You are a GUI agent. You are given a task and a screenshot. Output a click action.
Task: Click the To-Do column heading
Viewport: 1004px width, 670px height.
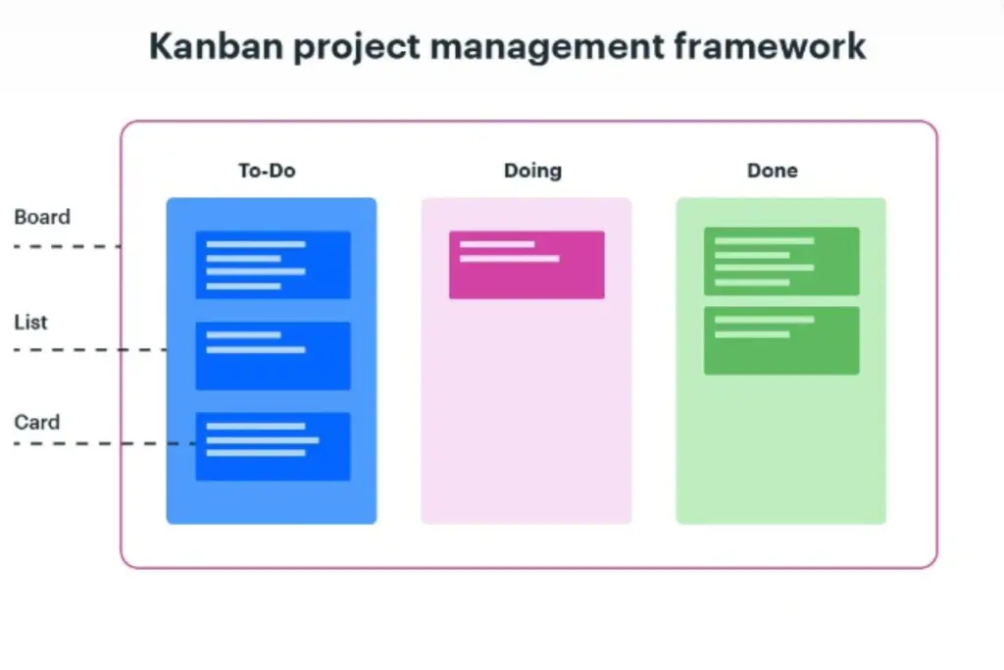click(267, 171)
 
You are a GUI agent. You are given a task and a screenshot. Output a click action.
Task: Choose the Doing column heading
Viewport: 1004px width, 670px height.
click(532, 171)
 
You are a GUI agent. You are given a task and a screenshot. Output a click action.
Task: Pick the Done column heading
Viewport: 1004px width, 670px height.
click(773, 171)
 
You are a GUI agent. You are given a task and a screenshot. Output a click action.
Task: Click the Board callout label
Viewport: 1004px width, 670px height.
click(42, 218)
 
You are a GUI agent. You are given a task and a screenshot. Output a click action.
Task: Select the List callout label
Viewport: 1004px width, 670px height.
click(30, 323)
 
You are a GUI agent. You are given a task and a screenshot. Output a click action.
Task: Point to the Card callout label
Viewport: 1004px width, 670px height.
click(36, 423)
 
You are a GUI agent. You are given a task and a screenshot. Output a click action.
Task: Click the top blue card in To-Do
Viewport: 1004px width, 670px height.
click(273, 264)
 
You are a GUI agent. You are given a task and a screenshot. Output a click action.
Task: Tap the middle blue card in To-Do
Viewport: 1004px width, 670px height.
click(273, 355)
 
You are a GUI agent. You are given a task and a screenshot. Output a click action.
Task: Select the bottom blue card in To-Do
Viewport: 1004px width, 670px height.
click(273, 446)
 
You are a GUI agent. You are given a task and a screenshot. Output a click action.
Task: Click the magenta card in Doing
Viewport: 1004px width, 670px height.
click(527, 265)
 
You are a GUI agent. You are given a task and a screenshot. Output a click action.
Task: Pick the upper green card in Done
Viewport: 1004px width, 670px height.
click(781, 261)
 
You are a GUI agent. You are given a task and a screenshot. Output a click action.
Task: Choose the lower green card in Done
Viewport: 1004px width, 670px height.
click(781, 340)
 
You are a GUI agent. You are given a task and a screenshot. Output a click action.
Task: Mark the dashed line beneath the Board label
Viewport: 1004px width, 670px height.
click(67, 246)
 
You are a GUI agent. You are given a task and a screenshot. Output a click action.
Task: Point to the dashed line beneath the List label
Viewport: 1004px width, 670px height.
click(88, 349)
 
